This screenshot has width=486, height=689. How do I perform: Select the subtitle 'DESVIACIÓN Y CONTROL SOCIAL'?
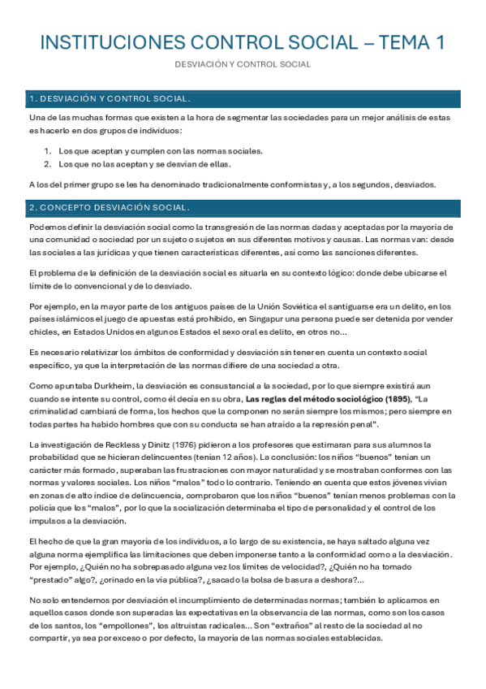(243, 64)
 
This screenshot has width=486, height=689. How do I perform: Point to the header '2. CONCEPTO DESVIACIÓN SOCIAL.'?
(110, 207)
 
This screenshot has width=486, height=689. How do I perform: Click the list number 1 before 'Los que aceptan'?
(49, 151)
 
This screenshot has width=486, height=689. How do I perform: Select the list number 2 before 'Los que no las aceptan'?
(49, 163)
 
